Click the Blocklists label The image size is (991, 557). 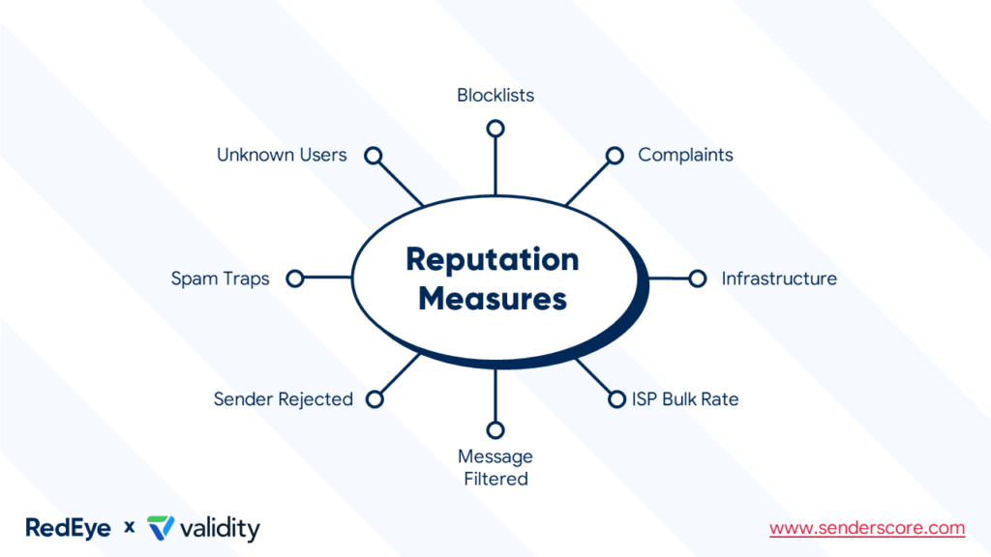pos(495,96)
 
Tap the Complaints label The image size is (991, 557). pos(685,155)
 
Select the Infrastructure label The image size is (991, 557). pos(779,278)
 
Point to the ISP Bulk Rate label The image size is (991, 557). pos(685,398)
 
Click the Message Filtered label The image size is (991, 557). pos(495,467)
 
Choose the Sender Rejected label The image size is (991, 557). pos(284,398)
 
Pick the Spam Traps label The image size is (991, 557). pos(220,278)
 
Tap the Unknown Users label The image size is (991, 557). pos(282,155)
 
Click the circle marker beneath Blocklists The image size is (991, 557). pos(495,129)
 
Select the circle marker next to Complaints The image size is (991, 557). pos(615,156)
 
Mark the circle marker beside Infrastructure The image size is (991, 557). pos(697,278)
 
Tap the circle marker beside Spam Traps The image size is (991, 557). pos(295,278)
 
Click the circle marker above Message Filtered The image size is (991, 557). pos(495,429)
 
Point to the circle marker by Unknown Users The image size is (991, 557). pos(374,156)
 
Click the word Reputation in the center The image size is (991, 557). pos(492,259)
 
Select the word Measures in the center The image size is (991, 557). pos(492,298)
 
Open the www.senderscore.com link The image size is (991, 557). pos(867,528)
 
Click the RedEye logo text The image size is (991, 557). pos(68,528)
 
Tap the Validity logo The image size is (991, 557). pos(203,528)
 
